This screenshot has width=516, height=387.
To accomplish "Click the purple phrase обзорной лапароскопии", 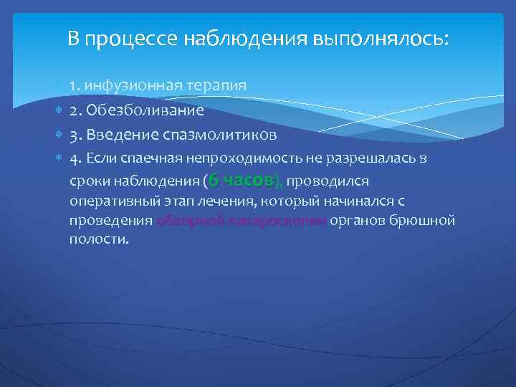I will [242, 221].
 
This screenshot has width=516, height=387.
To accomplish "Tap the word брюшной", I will [421, 221].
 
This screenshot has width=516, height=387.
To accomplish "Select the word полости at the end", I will [99, 240].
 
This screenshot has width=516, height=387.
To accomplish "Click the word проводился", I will [327, 181].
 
